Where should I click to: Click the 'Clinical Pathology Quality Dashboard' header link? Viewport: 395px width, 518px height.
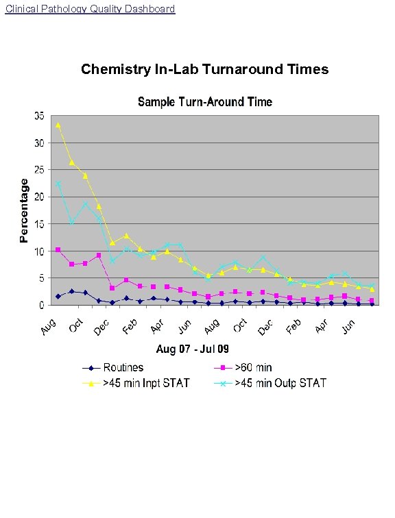(89, 9)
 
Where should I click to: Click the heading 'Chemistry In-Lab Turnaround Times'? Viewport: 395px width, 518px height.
(204, 69)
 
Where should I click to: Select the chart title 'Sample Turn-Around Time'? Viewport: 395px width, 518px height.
(205, 102)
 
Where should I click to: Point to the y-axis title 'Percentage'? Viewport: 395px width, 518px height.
(24, 210)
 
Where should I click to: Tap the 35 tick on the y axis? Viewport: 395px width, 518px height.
(41, 116)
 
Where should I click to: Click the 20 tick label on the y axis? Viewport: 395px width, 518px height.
(41, 197)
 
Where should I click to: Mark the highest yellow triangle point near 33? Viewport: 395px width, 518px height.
(58, 125)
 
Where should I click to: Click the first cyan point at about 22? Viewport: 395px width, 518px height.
(58, 184)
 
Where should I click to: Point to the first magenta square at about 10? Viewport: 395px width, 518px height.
(58, 250)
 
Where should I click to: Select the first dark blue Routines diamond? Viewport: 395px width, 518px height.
(58, 296)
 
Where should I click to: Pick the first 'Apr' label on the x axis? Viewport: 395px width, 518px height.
(158, 327)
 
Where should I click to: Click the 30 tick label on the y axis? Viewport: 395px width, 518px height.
(41, 143)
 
